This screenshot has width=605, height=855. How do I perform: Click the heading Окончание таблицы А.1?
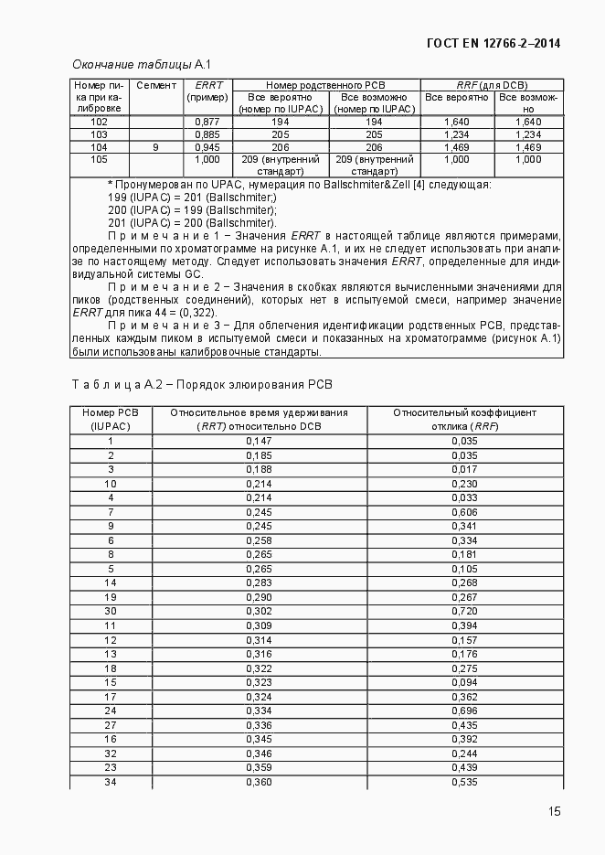pos(142,64)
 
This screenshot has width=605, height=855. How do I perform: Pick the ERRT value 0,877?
pos(207,122)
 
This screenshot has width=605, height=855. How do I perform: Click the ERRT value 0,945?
pos(207,146)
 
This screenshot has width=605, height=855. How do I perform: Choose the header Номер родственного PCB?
pos(325,85)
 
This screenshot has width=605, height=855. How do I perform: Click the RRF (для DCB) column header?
pos(492,85)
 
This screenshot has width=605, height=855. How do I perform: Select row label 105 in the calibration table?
pos(100,159)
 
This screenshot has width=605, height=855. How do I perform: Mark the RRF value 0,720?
pos(464,610)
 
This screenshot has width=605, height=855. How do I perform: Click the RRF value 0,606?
pos(464,512)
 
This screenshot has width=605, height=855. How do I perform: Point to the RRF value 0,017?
pos(464,469)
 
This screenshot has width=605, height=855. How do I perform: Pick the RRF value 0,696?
pos(464,710)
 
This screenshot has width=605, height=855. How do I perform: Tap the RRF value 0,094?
pos(464,681)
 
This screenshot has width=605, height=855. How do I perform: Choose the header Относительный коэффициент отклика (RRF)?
pos(464,419)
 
